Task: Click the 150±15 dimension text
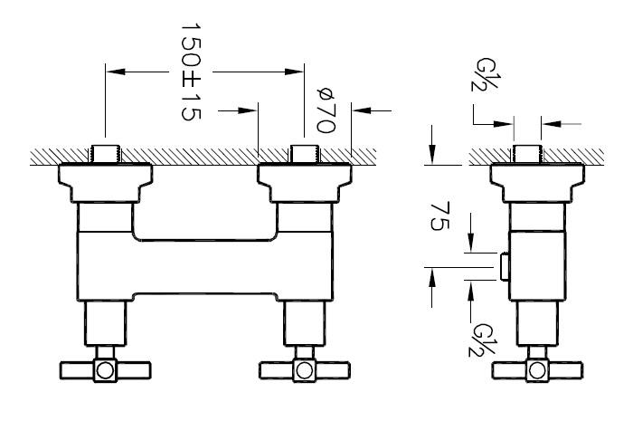(x=191, y=72)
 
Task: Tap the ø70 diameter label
(x=326, y=110)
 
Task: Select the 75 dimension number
(x=439, y=216)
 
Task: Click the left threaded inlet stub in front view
(x=105, y=154)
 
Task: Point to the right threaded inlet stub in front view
(x=305, y=154)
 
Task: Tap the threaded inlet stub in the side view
(x=527, y=154)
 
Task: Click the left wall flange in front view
(x=106, y=183)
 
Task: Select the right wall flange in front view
(x=305, y=183)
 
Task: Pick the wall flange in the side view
(x=537, y=183)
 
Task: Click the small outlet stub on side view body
(x=505, y=267)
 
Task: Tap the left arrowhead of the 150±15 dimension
(x=116, y=72)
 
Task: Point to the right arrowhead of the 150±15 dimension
(x=294, y=72)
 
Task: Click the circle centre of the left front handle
(x=106, y=370)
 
